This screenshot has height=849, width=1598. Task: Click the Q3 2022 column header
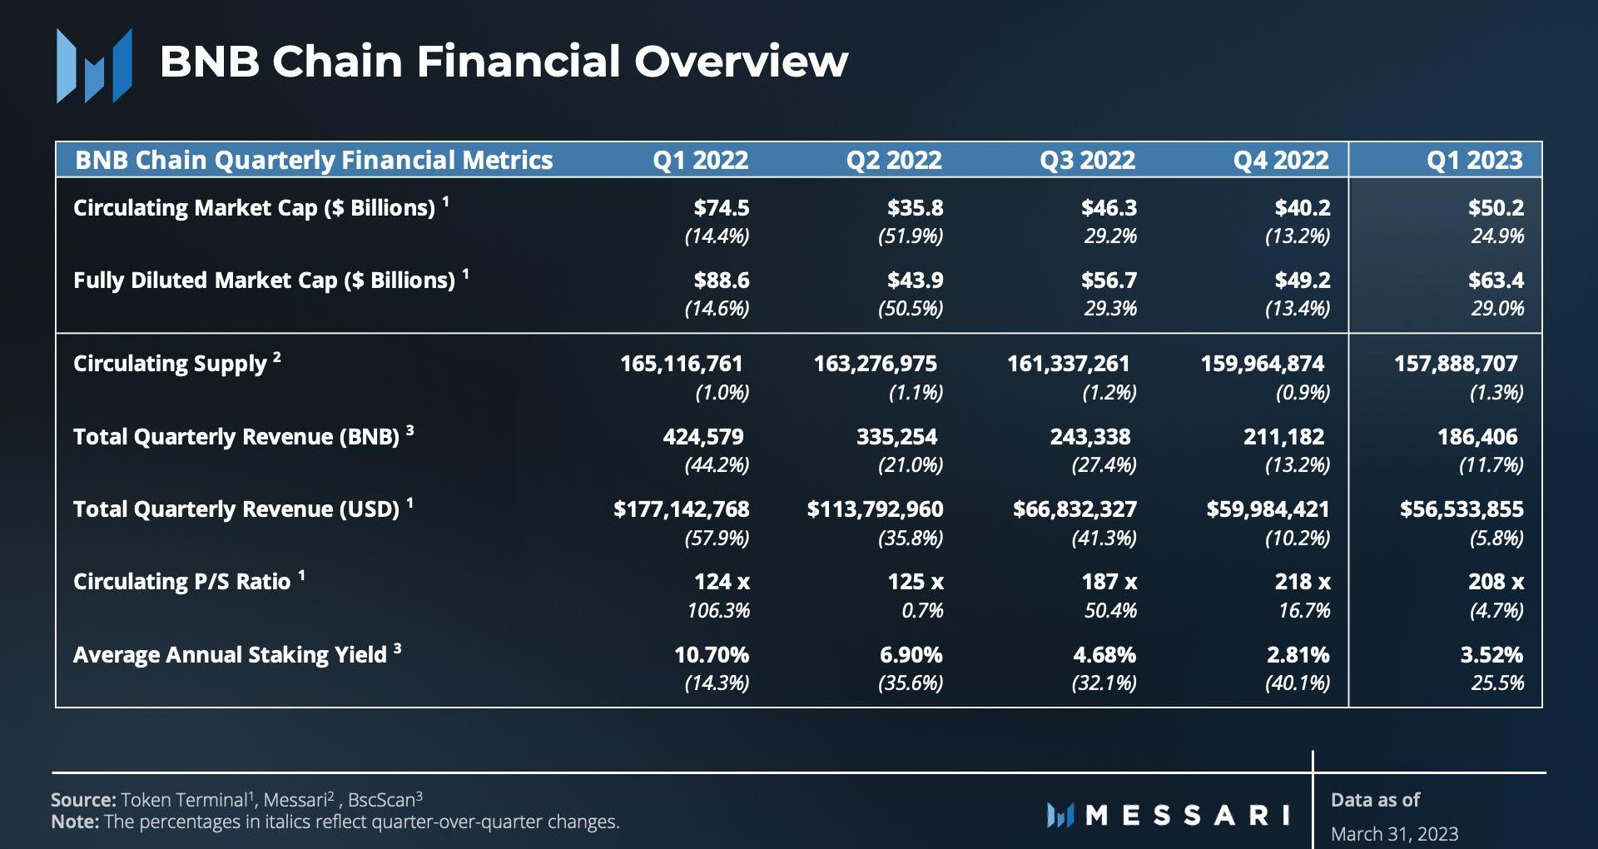tap(1087, 160)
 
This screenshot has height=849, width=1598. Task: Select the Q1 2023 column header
tap(1474, 160)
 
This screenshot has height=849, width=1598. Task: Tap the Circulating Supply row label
tap(170, 364)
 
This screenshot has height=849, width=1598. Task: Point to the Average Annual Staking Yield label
tap(230, 655)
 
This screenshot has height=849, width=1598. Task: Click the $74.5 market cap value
tap(722, 208)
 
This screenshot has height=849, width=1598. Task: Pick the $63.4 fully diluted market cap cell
tap(1496, 281)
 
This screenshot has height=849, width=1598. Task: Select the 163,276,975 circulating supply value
tap(875, 364)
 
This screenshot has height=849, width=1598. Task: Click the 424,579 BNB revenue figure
tap(703, 437)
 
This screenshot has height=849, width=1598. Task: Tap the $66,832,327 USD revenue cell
tap(1074, 509)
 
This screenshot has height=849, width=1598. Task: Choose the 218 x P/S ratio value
tap(1303, 582)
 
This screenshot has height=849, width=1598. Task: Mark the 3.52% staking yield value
tap(1491, 655)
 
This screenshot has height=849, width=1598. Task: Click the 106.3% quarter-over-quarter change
tap(718, 611)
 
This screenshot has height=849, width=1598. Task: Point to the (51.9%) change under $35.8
tap(911, 236)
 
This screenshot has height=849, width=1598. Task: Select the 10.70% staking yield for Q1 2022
tap(712, 655)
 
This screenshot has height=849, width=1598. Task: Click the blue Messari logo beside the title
tap(94, 66)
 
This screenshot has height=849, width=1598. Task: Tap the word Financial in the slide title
tap(519, 62)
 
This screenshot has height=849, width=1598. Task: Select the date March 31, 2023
tap(1394, 834)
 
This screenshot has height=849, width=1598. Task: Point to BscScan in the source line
tap(381, 801)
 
